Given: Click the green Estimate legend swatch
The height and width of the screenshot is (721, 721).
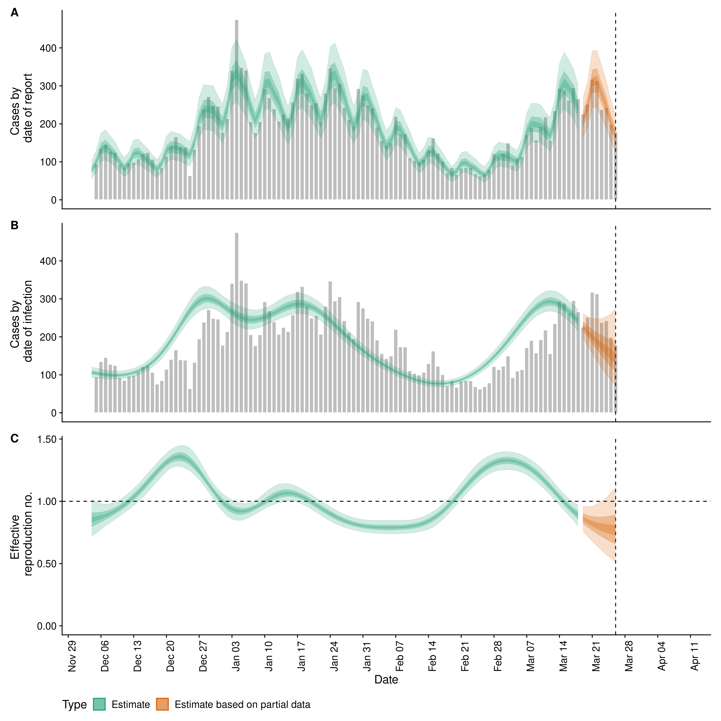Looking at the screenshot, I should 99,704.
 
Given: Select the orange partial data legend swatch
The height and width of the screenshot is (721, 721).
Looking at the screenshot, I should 162,704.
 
